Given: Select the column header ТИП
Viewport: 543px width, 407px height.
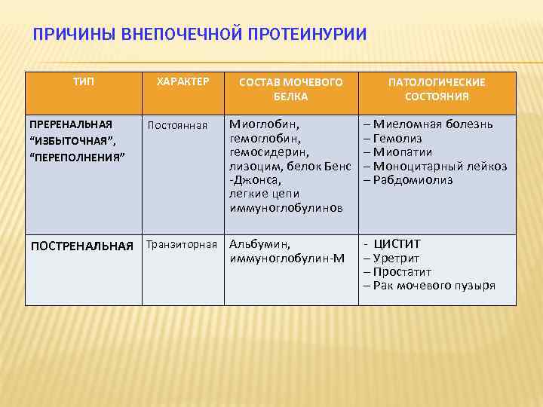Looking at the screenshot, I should click(x=84, y=81).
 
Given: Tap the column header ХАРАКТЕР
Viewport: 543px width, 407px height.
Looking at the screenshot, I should click(x=182, y=81).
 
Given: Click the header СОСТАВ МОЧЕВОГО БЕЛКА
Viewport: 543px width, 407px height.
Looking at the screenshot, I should click(x=290, y=89).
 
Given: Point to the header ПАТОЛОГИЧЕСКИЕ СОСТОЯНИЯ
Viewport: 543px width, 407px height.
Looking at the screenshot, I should click(x=437, y=89).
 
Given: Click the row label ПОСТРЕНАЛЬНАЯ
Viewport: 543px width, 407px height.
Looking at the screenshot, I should click(x=81, y=245).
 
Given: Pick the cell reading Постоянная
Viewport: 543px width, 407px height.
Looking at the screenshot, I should click(x=177, y=125).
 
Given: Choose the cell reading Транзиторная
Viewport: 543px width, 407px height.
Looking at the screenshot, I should click(x=182, y=244).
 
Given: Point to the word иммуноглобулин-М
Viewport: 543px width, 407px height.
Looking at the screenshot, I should click(x=287, y=259).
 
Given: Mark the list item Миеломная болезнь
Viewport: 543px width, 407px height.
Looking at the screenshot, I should click(x=431, y=124).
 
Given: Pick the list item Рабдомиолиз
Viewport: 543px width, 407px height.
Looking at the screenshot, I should click(x=412, y=180).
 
